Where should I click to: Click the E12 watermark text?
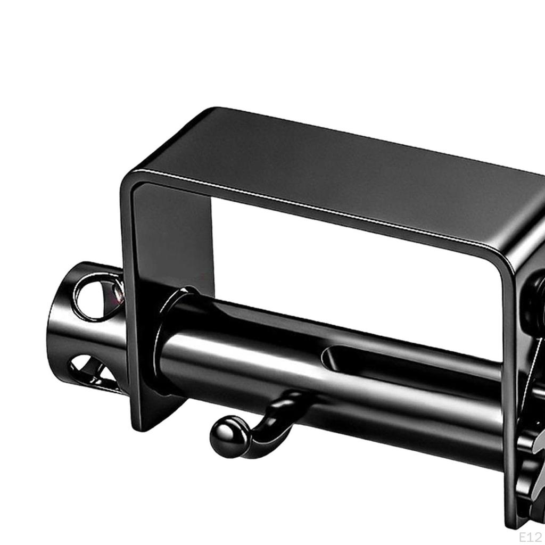click(x=531, y=536)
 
